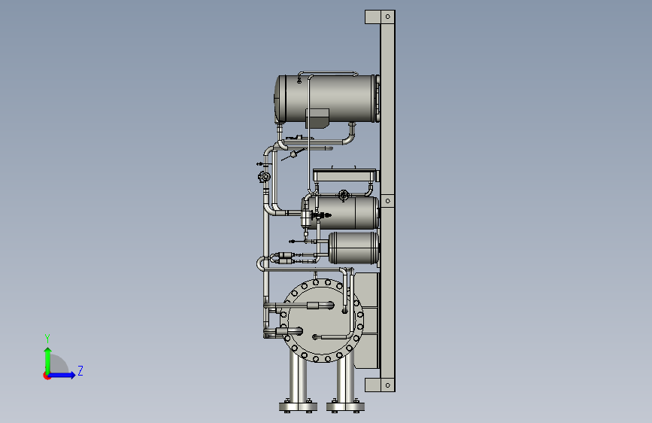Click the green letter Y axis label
[x=47, y=338]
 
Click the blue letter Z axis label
[x=80, y=370]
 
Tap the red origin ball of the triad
[x=47, y=376]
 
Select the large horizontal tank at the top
[x=327, y=99]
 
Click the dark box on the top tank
[x=317, y=118]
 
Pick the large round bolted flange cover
[x=323, y=320]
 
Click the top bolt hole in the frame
[x=388, y=17]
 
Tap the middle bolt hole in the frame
[x=388, y=201]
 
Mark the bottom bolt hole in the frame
[x=388, y=385]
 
